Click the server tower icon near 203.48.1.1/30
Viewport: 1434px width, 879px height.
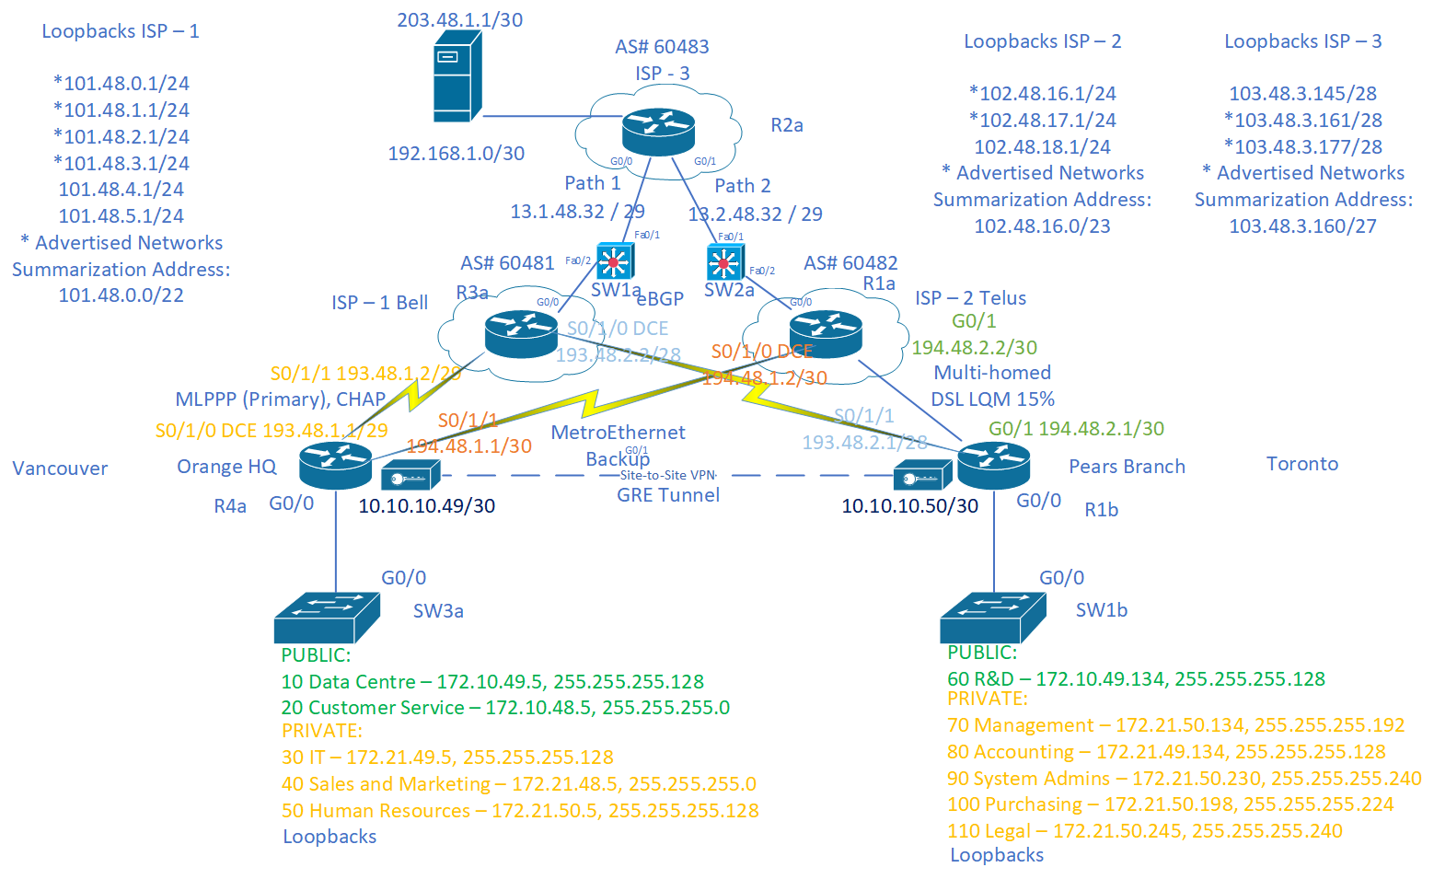coord(457,76)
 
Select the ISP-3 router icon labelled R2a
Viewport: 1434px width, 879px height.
coord(658,132)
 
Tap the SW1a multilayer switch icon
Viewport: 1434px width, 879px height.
coord(614,261)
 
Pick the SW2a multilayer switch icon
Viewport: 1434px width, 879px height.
coord(724,263)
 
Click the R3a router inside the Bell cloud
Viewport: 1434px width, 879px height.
coord(521,334)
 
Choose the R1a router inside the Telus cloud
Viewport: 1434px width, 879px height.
coord(826,334)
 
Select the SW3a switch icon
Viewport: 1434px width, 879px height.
coord(327,617)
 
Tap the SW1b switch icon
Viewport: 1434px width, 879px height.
coord(992,617)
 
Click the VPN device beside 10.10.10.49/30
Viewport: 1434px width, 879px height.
coord(411,476)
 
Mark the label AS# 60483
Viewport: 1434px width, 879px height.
coord(662,47)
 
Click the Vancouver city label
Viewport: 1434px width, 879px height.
coord(60,468)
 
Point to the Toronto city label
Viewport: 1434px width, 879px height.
coord(1301,464)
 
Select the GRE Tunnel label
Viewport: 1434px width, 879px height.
coord(668,495)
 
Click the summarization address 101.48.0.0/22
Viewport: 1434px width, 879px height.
coord(121,295)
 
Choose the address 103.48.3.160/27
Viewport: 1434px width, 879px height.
coord(1302,226)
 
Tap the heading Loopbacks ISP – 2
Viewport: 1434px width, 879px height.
coord(1042,41)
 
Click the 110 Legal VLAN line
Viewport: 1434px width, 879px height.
coord(1144,831)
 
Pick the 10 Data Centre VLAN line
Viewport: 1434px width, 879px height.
coord(492,682)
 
